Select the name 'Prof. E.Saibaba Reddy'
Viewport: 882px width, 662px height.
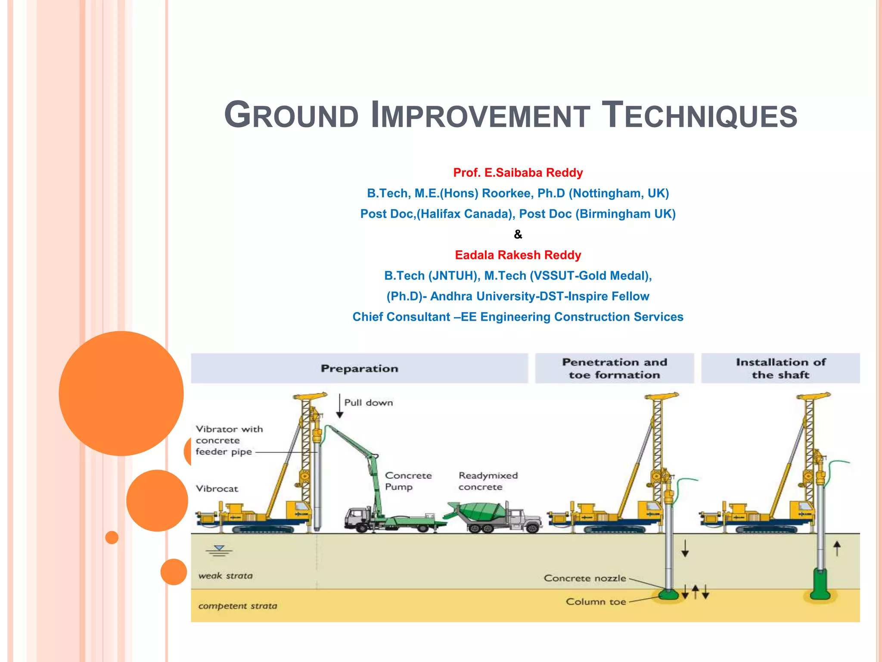[518, 173]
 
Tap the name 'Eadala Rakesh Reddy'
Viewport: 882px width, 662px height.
[518, 255]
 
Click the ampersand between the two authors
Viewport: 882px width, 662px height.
[518, 234]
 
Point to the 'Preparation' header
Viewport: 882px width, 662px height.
[359, 368]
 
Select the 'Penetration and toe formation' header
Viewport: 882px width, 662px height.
[614, 368]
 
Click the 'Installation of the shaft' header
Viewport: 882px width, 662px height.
[780, 368]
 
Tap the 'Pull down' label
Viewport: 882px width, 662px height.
[368, 403]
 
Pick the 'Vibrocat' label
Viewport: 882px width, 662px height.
[217, 489]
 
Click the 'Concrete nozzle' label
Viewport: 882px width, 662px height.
[584, 578]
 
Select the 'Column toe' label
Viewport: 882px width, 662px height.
[596, 602]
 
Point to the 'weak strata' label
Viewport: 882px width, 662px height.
[225, 576]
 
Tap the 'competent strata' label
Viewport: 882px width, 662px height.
[237, 606]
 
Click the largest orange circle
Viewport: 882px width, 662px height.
[121, 393]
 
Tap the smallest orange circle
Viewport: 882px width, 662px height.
[112, 537]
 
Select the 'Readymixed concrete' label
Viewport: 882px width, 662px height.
[488, 481]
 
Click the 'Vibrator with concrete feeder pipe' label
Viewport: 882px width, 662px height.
[229, 440]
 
